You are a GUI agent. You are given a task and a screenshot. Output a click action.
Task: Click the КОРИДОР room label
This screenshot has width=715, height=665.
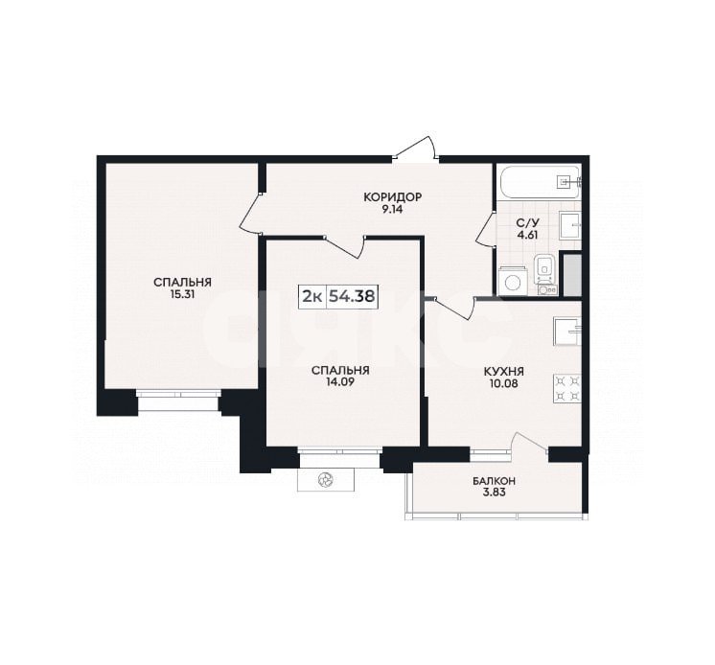(x=392, y=197)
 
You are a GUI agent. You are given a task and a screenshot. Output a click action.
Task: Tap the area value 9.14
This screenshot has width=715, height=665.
(x=392, y=210)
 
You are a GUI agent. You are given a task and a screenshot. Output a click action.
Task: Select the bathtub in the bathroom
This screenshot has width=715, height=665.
(x=539, y=180)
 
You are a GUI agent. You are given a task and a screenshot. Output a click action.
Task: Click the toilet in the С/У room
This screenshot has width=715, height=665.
(x=543, y=265)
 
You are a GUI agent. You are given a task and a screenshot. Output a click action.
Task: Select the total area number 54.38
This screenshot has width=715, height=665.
(x=352, y=296)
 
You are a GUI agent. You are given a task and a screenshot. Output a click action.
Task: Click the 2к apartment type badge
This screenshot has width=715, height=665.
(x=312, y=296)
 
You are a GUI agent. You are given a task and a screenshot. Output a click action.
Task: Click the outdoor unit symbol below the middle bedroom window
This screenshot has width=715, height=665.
(x=326, y=479)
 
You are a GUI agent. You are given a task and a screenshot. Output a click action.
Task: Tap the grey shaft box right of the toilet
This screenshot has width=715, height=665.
(x=571, y=274)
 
